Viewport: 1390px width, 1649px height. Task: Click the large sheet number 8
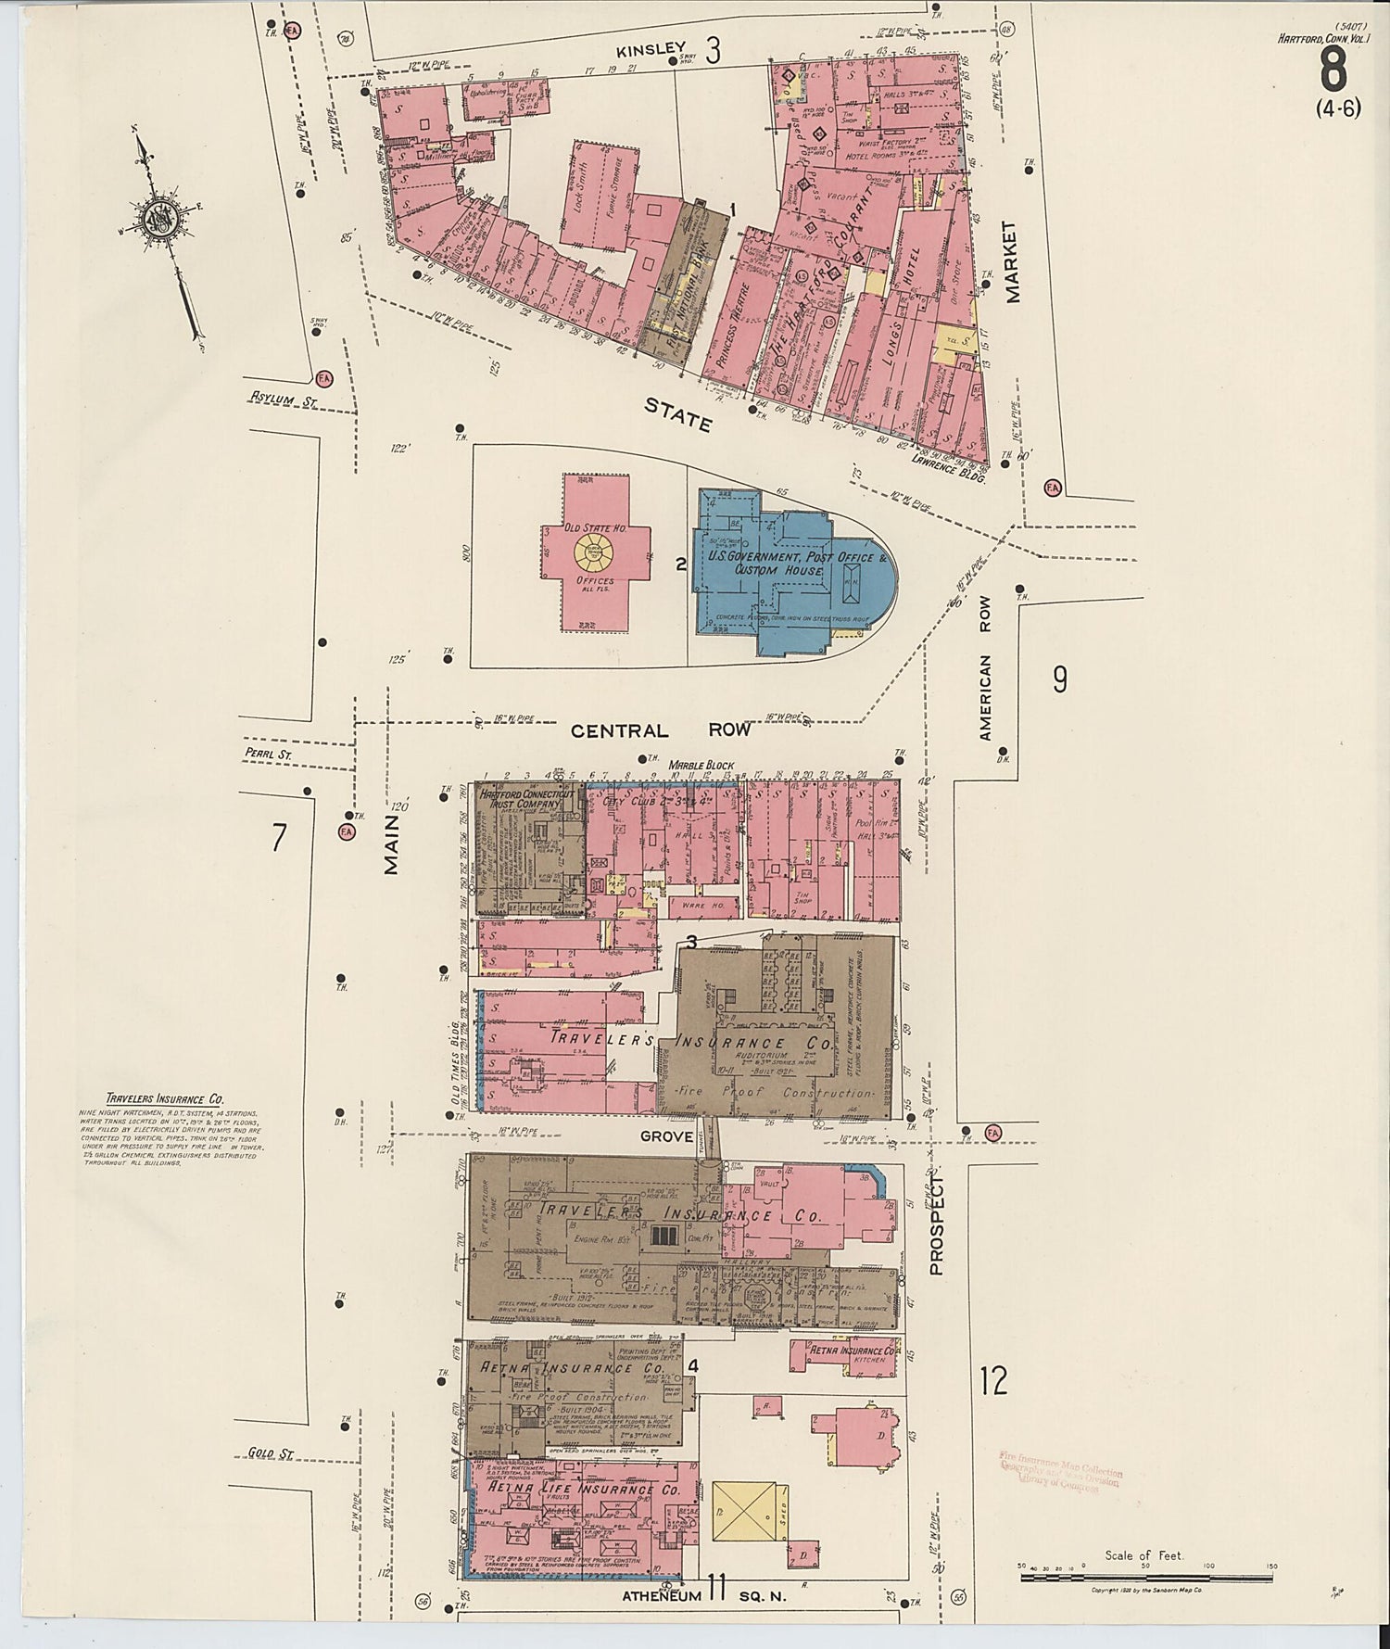pyautogui.click(x=1333, y=68)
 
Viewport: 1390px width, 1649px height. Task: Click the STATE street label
pyautogui.click(x=678, y=414)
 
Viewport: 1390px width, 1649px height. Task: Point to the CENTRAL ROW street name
pyautogui.click(x=660, y=730)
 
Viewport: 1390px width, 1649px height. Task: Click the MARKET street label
pyautogui.click(x=1011, y=261)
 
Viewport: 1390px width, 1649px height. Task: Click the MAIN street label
pyautogui.click(x=392, y=844)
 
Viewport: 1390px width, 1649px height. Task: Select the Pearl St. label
pyautogui.click(x=268, y=755)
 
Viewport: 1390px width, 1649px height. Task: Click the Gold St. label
pyautogui.click(x=271, y=1454)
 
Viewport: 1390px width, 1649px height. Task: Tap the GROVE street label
pyautogui.click(x=666, y=1136)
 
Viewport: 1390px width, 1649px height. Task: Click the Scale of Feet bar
pyautogui.click(x=1147, y=1576)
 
